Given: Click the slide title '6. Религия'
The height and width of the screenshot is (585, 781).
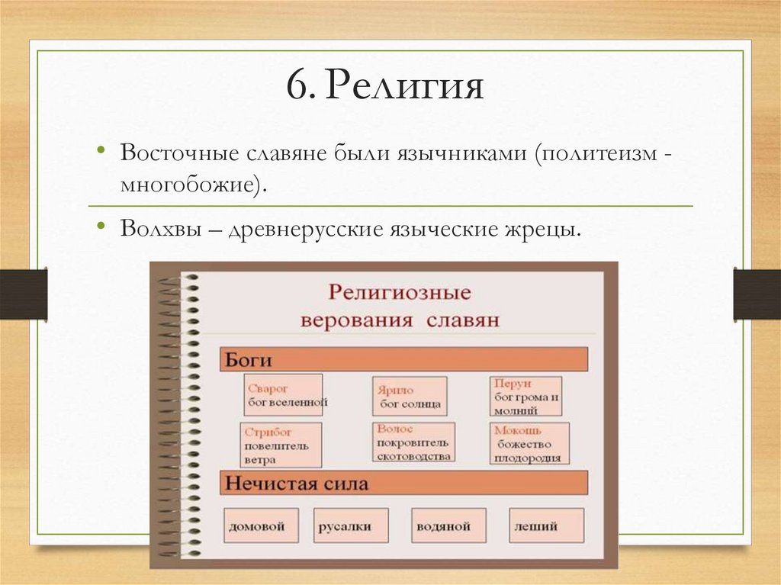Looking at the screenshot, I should click(x=385, y=86).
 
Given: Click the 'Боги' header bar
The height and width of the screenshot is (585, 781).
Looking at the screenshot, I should click(x=404, y=359).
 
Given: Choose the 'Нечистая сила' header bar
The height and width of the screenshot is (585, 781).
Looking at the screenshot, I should click(x=404, y=483).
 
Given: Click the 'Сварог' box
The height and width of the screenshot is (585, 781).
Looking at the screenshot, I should click(x=283, y=394).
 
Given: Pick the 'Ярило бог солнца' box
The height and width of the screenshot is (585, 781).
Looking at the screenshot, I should click(x=410, y=396).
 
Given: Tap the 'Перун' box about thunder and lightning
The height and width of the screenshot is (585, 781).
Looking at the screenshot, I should click(x=525, y=396).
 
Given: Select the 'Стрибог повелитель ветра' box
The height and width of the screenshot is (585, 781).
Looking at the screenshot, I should click(x=281, y=445).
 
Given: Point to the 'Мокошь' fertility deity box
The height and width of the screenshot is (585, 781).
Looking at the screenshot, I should click(x=530, y=444).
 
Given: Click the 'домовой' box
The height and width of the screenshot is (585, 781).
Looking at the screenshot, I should click(x=261, y=526).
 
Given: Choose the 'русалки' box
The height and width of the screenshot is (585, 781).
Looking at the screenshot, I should click(x=351, y=526).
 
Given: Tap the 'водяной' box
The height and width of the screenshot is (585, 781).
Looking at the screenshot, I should click(x=443, y=526).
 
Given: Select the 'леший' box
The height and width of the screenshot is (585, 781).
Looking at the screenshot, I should click(x=546, y=526).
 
